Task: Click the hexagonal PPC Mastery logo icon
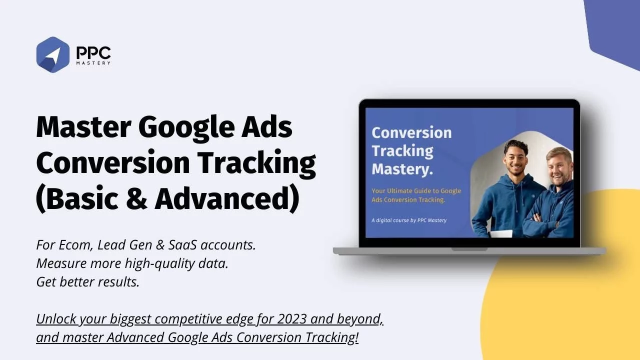(52, 54)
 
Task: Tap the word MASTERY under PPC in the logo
(93, 63)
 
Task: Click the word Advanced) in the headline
(227, 198)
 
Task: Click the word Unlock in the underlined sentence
(56, 319)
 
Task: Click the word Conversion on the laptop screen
(411, 132)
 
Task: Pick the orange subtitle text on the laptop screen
(416, 195)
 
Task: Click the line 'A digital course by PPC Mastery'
(409, 220)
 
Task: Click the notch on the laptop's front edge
(469, 249)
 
